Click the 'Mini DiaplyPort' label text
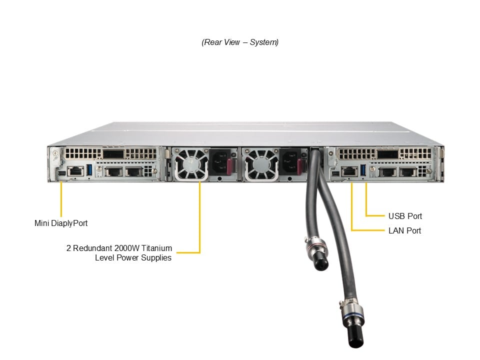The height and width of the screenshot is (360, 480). coord(60,223)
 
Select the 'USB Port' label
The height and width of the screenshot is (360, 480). coord(405,216)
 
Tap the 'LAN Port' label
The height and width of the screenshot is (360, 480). coord(404,230)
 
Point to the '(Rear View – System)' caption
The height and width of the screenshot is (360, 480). coord(240,42)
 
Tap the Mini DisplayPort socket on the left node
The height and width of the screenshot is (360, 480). coord(60,172)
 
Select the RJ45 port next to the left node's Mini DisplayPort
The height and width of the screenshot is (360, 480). coord(74,171)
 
